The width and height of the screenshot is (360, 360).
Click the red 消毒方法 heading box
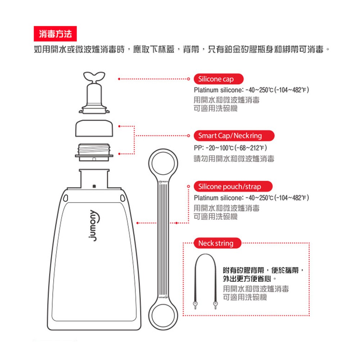[55, 34]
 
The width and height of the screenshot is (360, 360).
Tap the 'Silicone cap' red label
[219, 79]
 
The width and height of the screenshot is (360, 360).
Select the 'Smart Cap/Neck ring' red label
[234, 136]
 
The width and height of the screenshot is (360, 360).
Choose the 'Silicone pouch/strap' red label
[233, 186]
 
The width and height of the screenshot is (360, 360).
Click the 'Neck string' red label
[217, 243]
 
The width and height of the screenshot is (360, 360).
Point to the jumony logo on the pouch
[94, 225]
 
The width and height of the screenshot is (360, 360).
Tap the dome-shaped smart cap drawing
[94, 128]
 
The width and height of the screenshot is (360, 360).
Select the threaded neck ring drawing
[94, 152]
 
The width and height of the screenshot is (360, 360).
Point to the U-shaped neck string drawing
[205, 255]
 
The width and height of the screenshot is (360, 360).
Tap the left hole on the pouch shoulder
[66, 198]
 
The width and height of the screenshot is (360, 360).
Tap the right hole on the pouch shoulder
[123, 198]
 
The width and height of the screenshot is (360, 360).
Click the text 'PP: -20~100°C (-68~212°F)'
[230, 148]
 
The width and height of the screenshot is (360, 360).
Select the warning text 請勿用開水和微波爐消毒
[234, 159]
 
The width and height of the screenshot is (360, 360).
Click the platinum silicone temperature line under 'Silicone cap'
[251, 90]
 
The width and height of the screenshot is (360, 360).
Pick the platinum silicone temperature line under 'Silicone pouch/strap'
[251, 198]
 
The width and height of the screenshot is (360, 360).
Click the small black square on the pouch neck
[94, 186]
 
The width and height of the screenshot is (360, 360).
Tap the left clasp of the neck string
[195, 305]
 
